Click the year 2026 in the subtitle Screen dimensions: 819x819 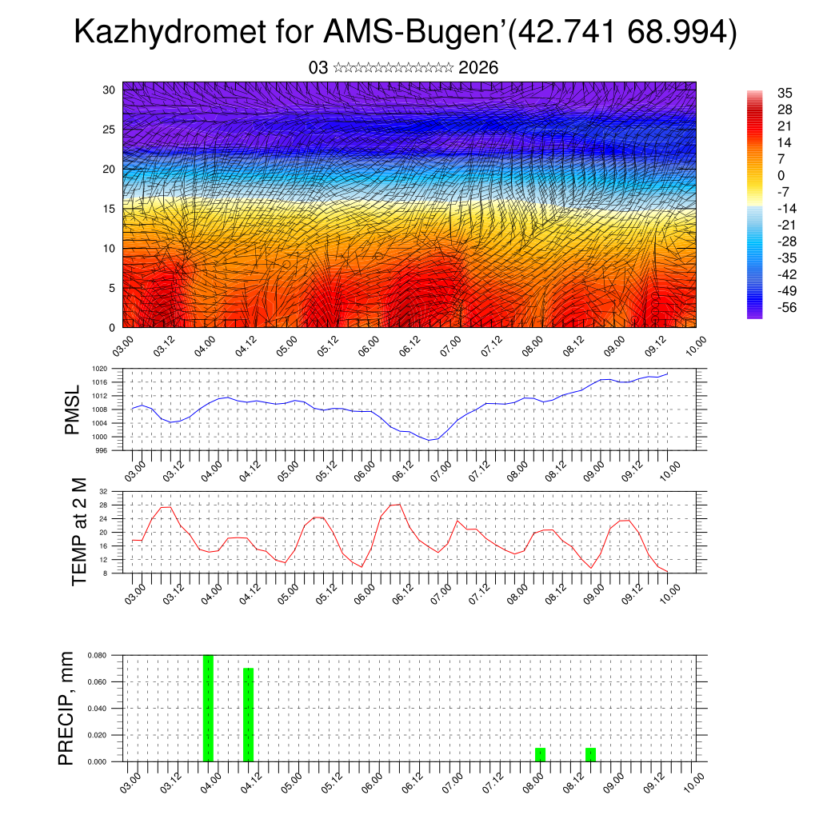478,68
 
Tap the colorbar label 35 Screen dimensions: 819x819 784,93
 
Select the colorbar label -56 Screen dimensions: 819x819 786,307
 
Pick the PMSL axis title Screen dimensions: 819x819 73,409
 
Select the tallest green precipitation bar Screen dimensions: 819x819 208,708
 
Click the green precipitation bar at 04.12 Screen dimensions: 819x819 248,714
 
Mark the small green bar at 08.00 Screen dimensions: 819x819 540,754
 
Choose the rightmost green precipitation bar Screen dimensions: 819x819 590,754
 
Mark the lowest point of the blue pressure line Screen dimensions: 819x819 430,440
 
